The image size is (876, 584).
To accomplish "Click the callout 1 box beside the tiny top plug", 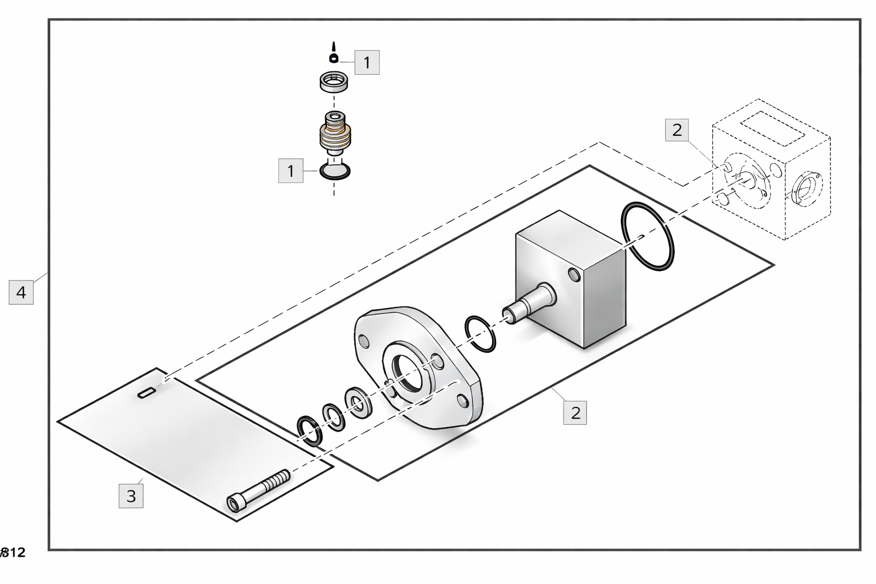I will [x=367, y=62].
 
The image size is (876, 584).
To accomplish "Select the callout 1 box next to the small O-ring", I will [x=291, y=171].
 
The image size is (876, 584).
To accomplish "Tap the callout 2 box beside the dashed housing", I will [x=677, y=130].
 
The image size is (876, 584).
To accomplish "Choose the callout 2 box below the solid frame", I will [x=575, y=412].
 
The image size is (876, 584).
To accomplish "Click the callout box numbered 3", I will [x=131, y=496].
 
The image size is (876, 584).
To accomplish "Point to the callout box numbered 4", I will [x=21, y=293].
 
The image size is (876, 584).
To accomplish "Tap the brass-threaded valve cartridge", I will [x=334, y=135].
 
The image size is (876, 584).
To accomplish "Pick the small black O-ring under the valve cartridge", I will [x=335, y=171].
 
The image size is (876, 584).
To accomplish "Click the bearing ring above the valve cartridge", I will [x=333, y=82].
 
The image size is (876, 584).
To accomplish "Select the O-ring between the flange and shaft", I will [x=480, y=334].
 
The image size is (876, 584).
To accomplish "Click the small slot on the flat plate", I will [x=147, y=392].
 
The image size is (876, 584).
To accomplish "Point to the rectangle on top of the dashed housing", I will [x=772, y=129].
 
